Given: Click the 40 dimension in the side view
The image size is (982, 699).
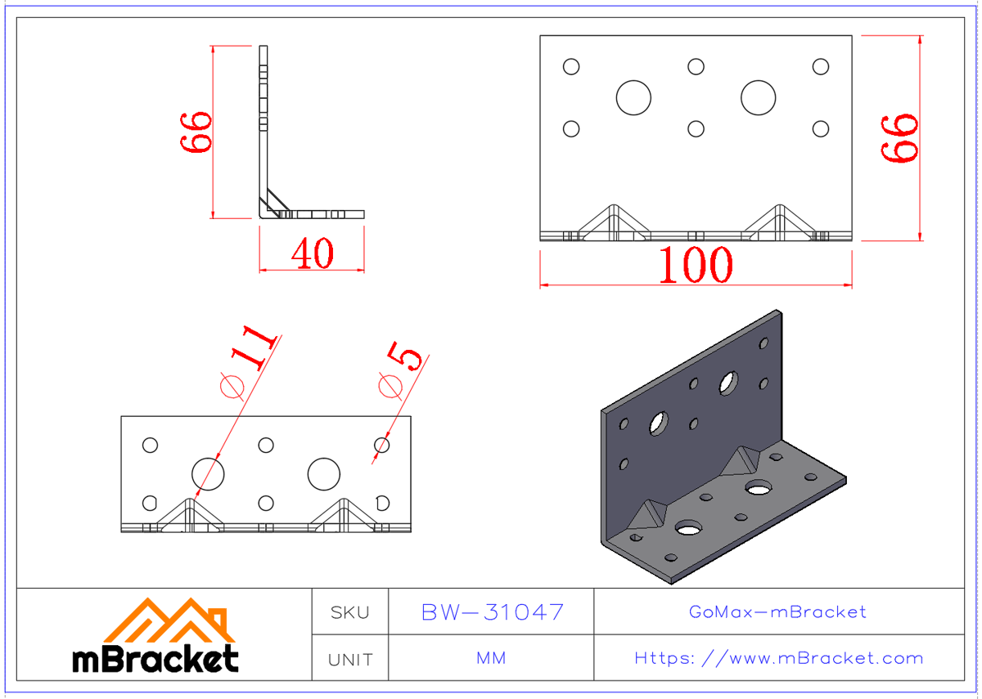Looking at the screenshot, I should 313,254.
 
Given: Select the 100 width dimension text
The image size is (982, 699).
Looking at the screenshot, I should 696,265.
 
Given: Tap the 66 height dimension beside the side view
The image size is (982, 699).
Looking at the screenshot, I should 197,132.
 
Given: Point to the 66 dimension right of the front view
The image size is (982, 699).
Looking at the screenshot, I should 900,138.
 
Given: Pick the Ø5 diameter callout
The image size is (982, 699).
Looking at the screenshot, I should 401,370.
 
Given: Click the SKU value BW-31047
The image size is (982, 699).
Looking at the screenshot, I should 492,612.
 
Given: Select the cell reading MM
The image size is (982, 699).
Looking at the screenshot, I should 491,658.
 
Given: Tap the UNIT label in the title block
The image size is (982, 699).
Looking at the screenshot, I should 350,659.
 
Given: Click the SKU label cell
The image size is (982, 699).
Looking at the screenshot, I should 350,612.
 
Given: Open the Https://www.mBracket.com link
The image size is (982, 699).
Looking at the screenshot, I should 778,658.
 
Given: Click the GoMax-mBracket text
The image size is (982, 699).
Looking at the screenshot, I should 778,612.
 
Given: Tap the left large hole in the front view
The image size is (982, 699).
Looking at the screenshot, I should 633,97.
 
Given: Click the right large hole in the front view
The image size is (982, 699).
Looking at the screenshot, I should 759,97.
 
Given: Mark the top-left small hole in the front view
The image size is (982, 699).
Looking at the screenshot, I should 571,66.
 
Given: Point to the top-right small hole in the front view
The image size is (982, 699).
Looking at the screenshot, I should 820,66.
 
